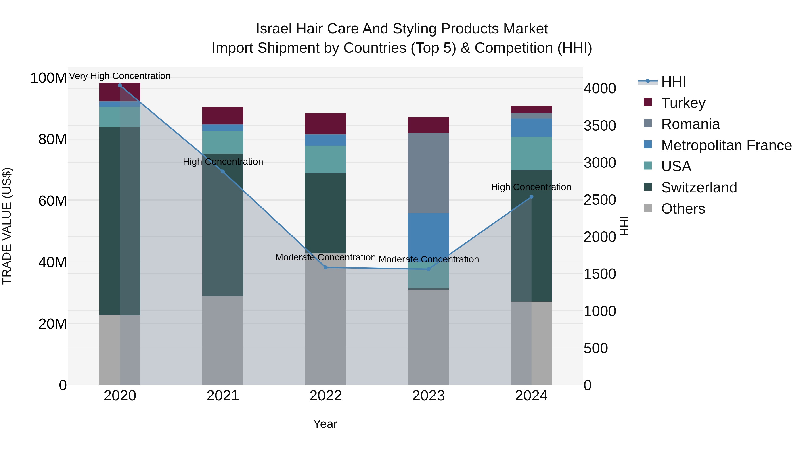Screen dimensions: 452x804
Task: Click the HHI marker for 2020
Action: (120, 85)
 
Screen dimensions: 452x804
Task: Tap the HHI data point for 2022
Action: (326, 267)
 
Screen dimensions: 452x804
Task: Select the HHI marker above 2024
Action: (532, 197)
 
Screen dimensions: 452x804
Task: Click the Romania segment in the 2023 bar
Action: (428, 173)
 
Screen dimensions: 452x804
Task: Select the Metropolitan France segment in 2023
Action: (428, 237)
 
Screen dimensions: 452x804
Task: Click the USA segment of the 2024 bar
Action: (532, 154)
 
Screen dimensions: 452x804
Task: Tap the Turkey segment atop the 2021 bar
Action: (223, 116)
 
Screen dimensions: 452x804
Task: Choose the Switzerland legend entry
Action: (699, 187)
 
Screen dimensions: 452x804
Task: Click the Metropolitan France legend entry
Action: (726, 145)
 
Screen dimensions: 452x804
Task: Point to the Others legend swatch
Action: (648, 208)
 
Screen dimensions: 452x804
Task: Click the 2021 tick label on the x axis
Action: (223, 396)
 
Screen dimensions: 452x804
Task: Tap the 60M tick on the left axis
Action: (52, 201)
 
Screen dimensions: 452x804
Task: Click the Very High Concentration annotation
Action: (120, 76)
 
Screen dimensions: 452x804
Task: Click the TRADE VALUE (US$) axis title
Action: (7, 226)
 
